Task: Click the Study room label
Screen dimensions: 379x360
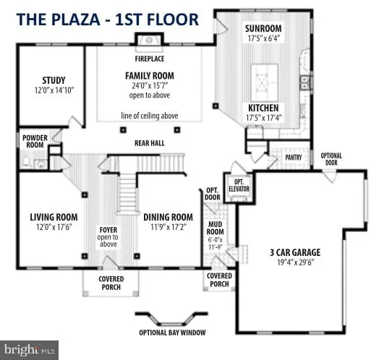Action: [54, 80]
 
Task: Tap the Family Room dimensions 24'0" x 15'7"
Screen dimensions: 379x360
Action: [150, 85]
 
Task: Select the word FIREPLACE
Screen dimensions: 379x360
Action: [150, 59]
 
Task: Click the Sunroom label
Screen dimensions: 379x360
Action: [263, 28]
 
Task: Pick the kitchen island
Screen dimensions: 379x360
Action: [265, 82]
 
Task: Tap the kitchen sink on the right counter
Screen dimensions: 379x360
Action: [305, 82]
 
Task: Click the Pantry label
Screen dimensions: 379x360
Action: [294, 158]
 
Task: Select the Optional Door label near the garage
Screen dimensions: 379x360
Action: [331, 159]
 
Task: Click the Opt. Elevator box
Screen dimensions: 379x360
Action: [239, 188]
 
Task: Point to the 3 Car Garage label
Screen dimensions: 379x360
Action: [295, 252]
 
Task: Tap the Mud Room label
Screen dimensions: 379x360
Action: [215, 228]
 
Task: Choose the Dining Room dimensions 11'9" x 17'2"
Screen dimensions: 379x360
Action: [169, 227]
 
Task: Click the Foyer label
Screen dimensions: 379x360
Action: [108, 230]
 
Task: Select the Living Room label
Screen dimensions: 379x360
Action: [54, 217]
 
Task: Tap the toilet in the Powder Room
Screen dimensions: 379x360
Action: [26, 163]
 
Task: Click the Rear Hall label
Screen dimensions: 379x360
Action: [150, 143]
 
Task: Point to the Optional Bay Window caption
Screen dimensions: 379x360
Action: [172, 333]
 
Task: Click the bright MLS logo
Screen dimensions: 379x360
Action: [29, 350]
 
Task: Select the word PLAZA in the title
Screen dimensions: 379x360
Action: [75, 20]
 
